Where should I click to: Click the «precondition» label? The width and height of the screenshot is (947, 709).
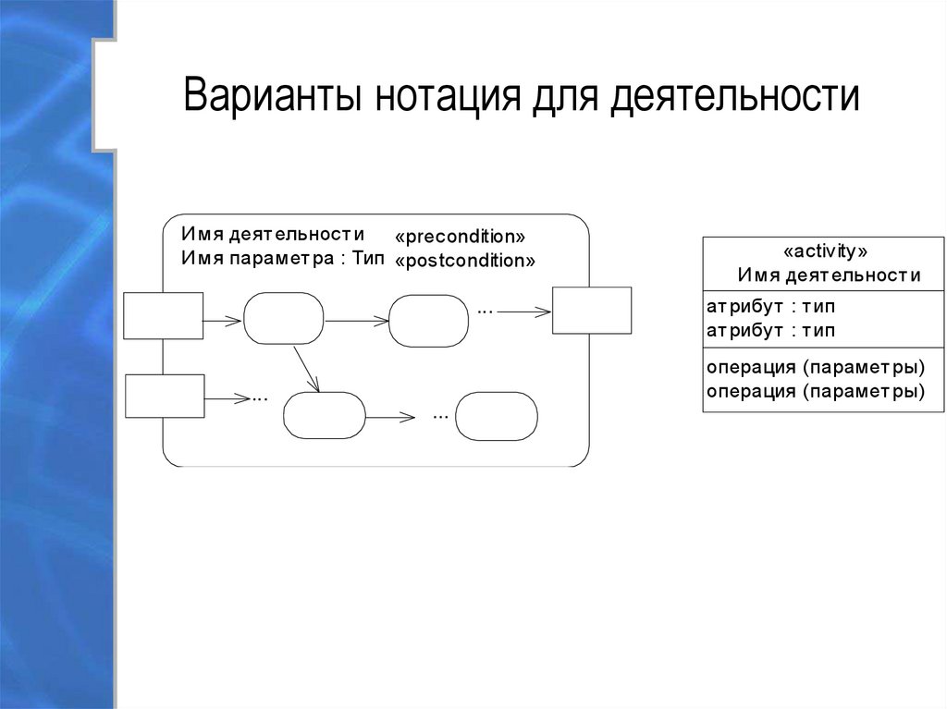coord(460,236)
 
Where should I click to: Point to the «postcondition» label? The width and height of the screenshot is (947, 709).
coord(465,261)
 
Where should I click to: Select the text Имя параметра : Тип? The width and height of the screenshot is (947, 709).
coord(282,259)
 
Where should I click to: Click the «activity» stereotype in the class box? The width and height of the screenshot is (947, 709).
coord(824,251)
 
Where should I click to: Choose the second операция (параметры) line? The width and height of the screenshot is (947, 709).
coord(816,390)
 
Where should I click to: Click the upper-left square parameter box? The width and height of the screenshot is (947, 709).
coord(164,316)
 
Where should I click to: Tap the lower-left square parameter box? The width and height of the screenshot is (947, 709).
coord(164,397)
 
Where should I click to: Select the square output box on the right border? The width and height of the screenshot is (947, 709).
coord(592,311)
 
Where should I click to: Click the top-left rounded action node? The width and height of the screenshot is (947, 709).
coord(284,319)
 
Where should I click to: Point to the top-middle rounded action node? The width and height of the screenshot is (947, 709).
coord(428,320)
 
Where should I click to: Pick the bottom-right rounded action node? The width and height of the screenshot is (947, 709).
coord(497,416)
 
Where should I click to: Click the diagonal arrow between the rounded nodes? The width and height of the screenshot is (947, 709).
coord(306,369)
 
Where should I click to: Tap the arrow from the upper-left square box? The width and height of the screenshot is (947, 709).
coord(223,321)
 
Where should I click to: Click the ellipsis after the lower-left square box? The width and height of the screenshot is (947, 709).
coord(259,398)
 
